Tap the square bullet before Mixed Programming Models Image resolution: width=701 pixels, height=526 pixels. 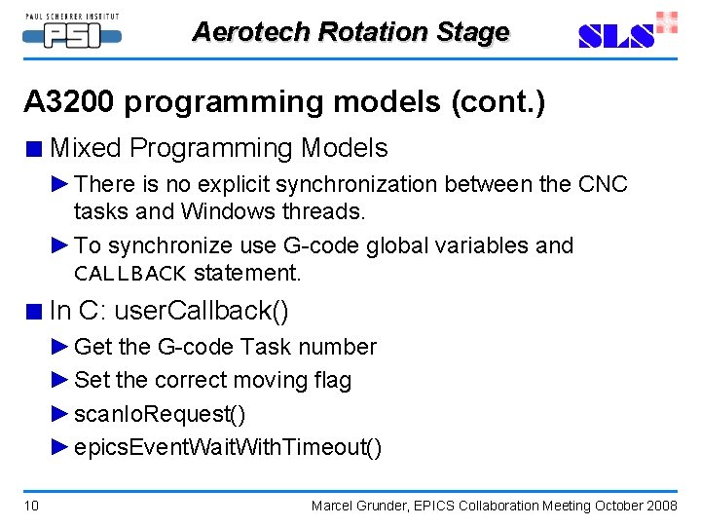coord(35,150)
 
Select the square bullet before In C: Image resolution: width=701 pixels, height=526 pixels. coord(35,313)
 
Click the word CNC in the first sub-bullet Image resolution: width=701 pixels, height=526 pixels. coord(603,184)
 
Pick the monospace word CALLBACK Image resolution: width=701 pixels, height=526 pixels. coord(129,274)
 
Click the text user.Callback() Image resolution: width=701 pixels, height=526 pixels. coord(202,312)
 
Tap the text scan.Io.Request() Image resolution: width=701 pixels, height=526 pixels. coord(160,415)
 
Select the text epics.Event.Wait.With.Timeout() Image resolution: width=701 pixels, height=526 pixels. coord(228,448)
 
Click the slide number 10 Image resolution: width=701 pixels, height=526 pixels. coord(32,506)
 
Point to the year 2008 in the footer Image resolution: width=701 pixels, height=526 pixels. coord(661,506)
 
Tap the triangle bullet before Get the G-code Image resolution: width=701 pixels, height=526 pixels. coord(60,348)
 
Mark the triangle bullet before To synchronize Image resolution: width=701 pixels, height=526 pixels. coord(60,245)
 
